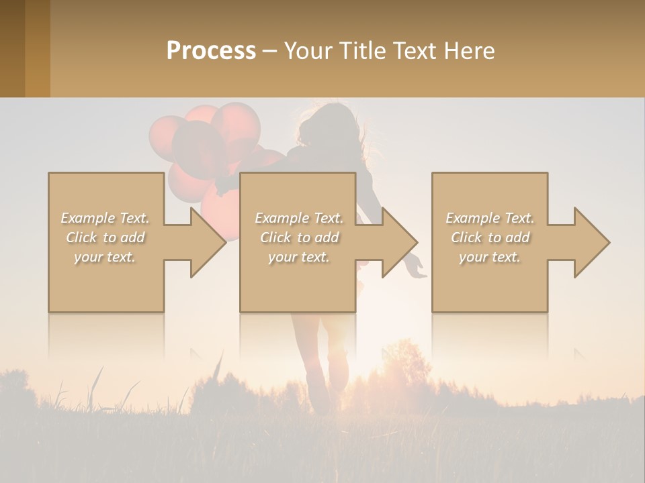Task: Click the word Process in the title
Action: click(x=211, y=51)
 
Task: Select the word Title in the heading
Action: click(x=362, y=51)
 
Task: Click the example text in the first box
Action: click(x=105, y=237)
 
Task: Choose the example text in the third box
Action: click(x=490, y=237)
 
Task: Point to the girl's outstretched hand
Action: click(x=417, y=267)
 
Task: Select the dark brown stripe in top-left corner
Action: click(x=12, y=48)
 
